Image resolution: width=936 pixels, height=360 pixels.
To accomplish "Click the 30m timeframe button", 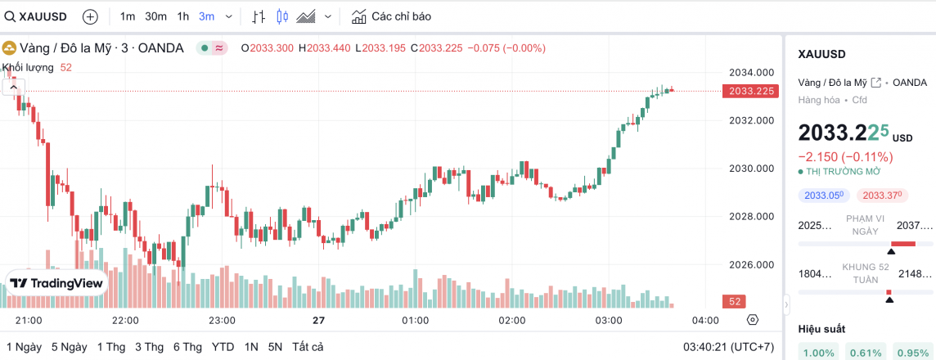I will pos(155,16).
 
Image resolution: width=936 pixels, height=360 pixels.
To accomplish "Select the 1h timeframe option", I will pos(182,16).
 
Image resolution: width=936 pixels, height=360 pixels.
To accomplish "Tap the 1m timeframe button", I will pos(128,16).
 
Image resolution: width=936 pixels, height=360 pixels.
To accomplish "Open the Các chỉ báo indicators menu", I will pos(391,16).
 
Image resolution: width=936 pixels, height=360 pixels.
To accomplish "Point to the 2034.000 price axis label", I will pos(751,73).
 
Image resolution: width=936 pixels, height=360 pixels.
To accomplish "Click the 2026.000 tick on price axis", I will pos(751,265).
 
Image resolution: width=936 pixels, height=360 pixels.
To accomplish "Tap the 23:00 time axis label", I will pos(222,320).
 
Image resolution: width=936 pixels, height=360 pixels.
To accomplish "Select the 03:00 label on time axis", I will pos(608,320).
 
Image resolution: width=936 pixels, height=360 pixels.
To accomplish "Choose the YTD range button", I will pos(223,347).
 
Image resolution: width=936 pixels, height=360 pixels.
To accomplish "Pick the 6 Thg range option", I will pos(187,347).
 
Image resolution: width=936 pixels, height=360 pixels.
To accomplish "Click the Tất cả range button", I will pos(308,347).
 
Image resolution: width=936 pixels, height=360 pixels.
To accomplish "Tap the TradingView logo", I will pos(56,283).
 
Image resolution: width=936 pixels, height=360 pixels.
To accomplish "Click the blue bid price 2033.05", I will pos(824,196).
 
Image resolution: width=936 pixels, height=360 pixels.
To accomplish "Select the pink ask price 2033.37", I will pos(881,196).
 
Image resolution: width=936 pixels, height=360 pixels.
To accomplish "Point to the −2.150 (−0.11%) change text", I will pos(845,156).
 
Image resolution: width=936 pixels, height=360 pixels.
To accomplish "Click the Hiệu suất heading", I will pos(821,329).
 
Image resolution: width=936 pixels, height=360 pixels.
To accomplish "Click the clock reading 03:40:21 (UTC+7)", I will pos(728,347).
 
